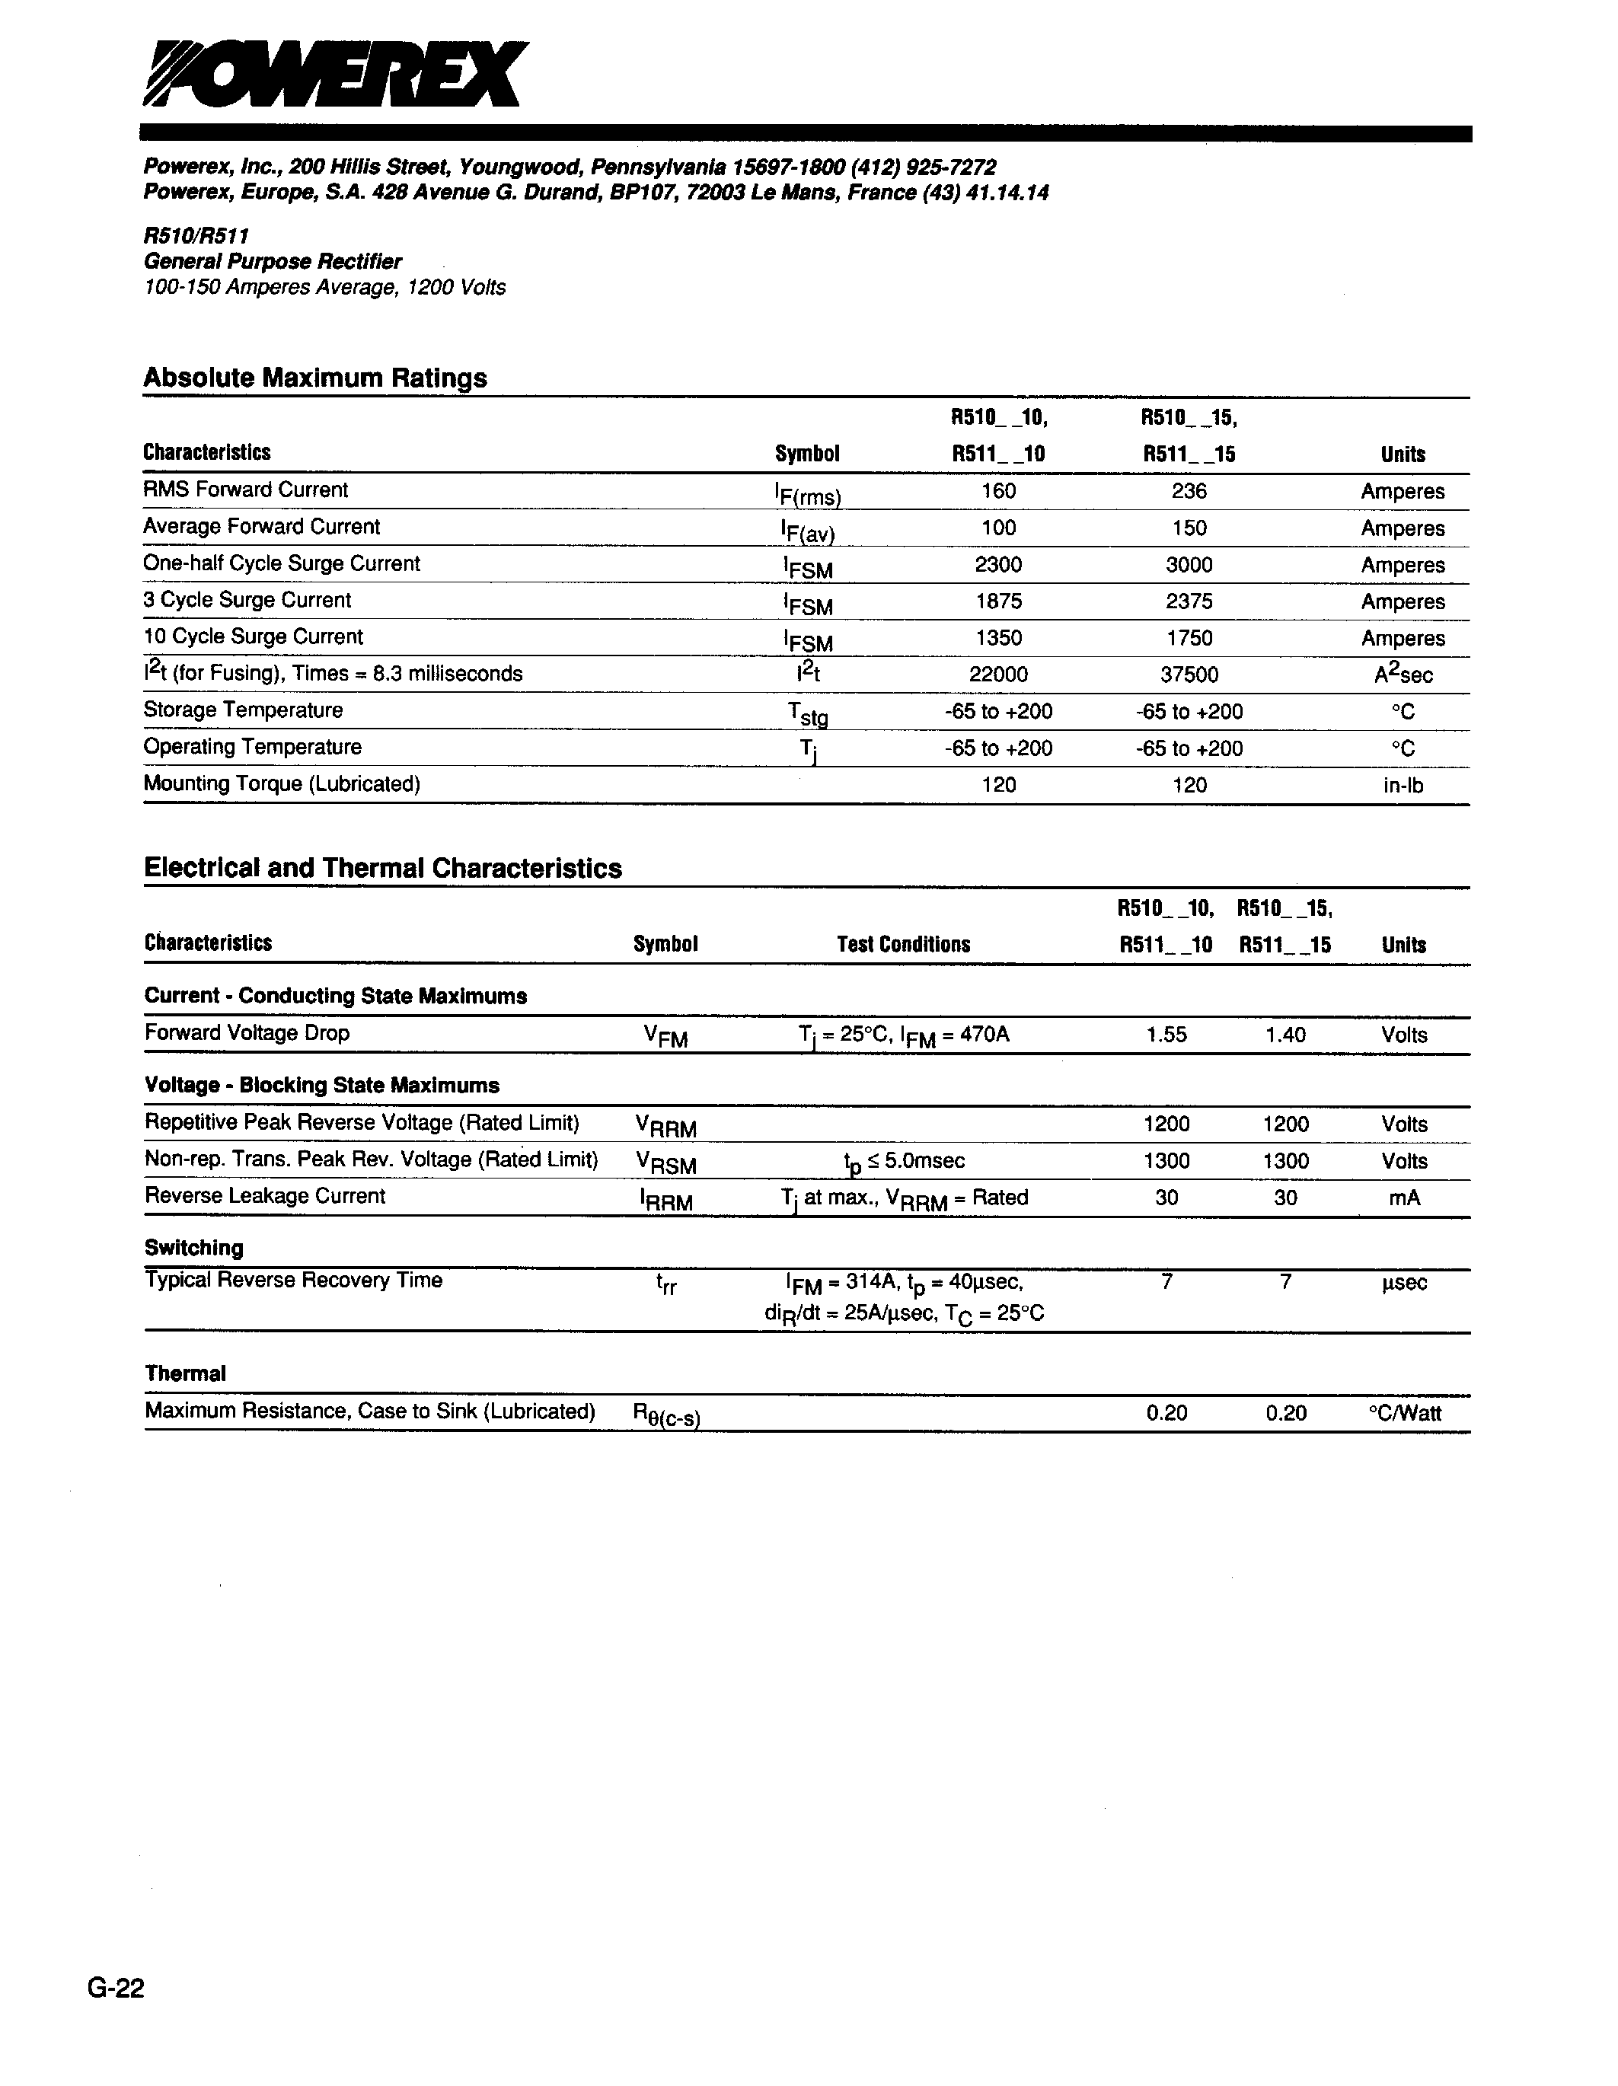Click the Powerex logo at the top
tap(334, 75)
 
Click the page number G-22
tap(116, 1988)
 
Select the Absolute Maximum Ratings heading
tap(315, 378)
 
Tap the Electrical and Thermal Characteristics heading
tap(382, 868)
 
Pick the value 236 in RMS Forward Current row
tap(1189, 491)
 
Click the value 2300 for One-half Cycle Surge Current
tap(998, 564)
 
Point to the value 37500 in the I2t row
tap(1189, 675)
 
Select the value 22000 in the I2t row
tap(998, 675)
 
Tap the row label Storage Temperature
tap(243, 710)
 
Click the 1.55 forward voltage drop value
tap(1166, 1035)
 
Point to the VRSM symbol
tap(665, 1163)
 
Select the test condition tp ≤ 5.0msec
tap(904, 1162)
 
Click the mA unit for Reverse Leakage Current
tap(1404, 1198)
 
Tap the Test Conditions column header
tap(904, 945)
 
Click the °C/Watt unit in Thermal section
tap(1404, 1414)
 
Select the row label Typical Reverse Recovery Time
tap(293, 1281)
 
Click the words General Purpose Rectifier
tap(273, 262)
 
